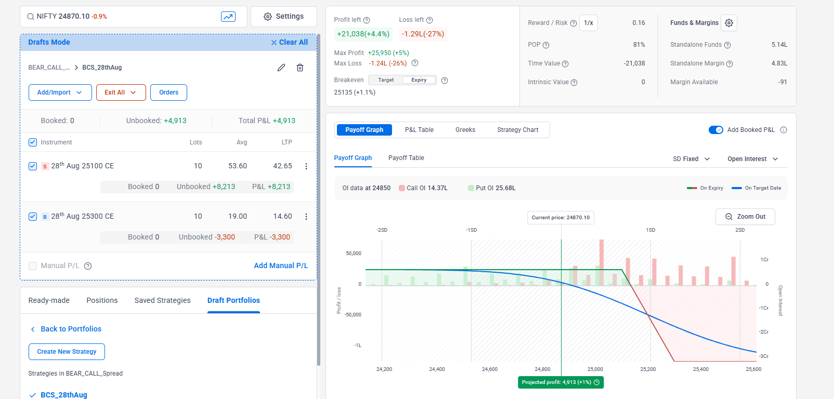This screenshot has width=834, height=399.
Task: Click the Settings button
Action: click(283, 17)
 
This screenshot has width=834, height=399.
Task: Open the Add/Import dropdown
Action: click(60, 92)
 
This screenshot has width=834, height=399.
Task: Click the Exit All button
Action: click(120, 92)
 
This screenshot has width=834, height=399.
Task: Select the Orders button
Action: click(168, 92)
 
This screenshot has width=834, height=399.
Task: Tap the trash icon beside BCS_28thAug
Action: click(300, 68)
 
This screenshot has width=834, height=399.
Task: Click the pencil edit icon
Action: click(281, 68)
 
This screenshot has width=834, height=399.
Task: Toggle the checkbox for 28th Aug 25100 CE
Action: click(33, 166)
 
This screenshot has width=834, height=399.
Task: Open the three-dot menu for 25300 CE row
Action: click(306, 217)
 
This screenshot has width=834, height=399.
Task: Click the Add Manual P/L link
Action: click(281, 265)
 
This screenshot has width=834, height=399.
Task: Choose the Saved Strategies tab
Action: click(162, 300)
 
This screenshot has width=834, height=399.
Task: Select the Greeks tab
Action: click(465, 130)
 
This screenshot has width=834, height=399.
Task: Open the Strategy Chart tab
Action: click(517, 130)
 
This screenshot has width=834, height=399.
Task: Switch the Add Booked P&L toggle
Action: click(715, 130)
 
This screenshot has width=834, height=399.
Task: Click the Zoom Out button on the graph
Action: click(745, 217)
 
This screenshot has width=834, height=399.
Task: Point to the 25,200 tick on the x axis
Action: click(648, 369)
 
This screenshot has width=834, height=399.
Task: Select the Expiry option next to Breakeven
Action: click(419, 80)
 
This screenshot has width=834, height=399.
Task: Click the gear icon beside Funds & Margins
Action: click(729, 23)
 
